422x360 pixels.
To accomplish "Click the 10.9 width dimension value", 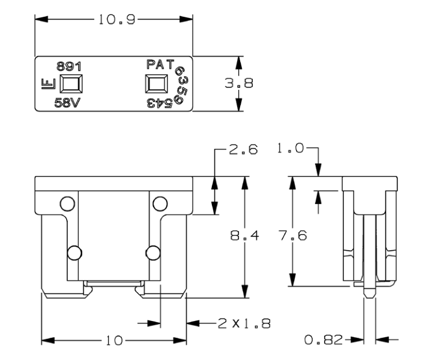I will [x=114, y=20].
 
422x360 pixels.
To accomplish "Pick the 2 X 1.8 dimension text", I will [x=243, y=324].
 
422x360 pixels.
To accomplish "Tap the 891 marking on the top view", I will [x=68, y=66].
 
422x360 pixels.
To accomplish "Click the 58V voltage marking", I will [x=67, y=102].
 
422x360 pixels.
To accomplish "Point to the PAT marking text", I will [x=160, y=63].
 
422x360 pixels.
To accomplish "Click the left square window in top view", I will [x=71, y=83].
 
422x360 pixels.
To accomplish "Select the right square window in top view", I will [x=157, y=83].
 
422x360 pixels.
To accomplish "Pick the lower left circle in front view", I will [x=74, y=253].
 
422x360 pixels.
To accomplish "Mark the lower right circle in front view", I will [x=152, y=253].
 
